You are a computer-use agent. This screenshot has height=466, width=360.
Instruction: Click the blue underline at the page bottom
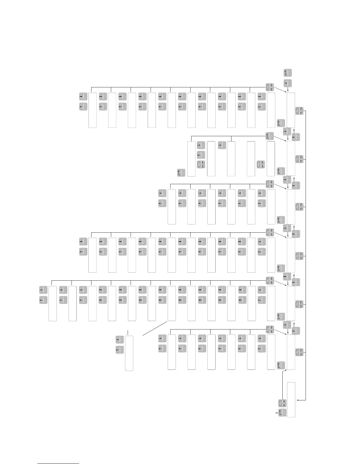(58, 463)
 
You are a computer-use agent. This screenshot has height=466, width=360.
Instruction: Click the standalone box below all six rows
(291, 400)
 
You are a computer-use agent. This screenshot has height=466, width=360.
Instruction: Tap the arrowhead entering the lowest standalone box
(298, 400)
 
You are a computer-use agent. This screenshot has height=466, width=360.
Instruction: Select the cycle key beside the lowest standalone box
(282, 403)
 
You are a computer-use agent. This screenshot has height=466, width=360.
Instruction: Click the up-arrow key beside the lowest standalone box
(282, 413)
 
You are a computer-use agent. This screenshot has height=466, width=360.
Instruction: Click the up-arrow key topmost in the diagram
(287, 73)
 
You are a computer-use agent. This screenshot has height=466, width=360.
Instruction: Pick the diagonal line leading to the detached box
(155, 328)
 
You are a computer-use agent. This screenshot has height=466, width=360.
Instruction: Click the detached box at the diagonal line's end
(129, 353)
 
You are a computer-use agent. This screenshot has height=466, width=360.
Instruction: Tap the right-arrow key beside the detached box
(119, 339)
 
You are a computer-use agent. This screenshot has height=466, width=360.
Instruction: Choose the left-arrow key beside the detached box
(119, 350)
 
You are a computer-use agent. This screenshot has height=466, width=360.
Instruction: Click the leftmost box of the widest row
(53, 303)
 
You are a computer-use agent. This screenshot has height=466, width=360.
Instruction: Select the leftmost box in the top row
(92, 110)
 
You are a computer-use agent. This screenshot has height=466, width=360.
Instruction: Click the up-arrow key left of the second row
(181, 173)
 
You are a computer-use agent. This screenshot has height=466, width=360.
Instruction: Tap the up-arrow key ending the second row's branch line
(269, 136)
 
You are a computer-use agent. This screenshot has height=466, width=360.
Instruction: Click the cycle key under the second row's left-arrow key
(201, 164)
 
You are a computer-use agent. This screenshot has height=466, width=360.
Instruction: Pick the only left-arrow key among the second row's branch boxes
(201, 155)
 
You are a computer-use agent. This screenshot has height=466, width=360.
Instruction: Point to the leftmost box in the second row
(191, 159)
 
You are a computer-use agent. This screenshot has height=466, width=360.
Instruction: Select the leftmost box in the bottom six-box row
(172, 352)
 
